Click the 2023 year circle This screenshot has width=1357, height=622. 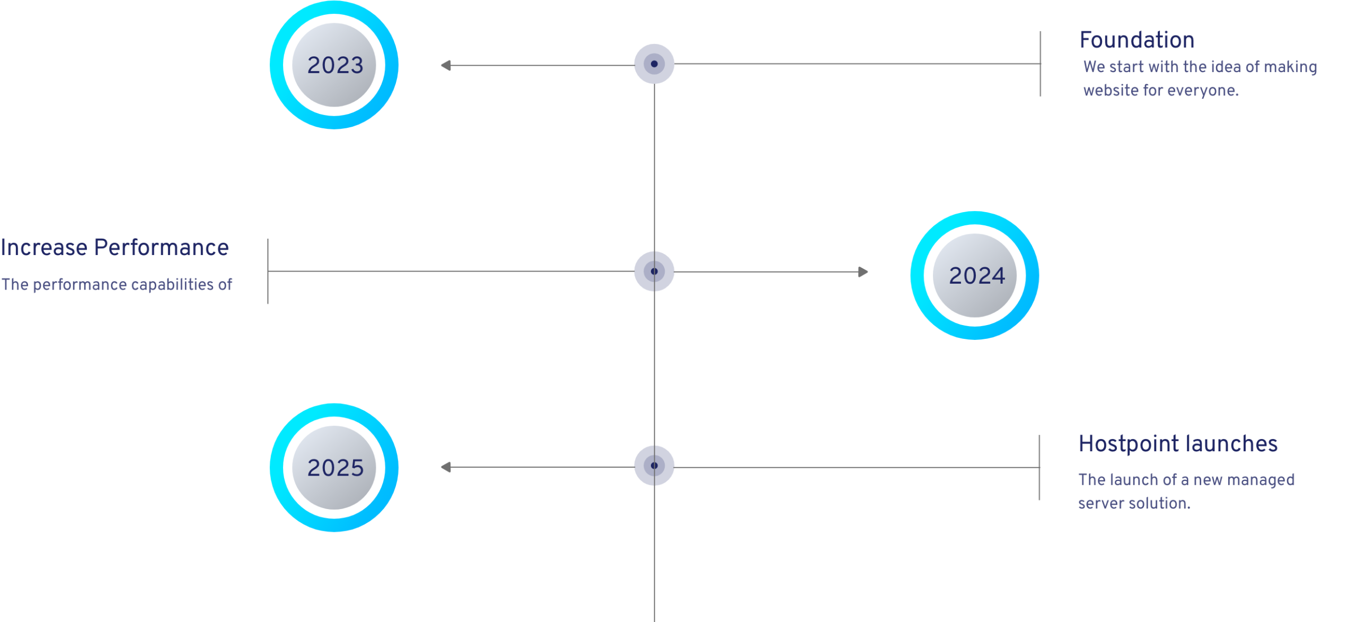click(x=334, y=65)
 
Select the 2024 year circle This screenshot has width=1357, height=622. click(x=975, y=275)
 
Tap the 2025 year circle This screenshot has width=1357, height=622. click(x=334, y=467)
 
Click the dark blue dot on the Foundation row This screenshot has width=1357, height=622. click(x=654, y=64)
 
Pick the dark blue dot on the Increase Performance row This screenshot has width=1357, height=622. click(x=654, y=271)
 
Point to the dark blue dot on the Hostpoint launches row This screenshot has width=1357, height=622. click(x=654, y=466)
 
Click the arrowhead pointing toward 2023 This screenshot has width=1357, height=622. click(x=446, y=65)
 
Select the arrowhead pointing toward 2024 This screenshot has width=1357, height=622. click(x=863, y=272)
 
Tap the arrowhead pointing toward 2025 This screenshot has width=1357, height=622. click(x=446, y=467)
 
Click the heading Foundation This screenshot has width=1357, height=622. click(x=1136, y=40)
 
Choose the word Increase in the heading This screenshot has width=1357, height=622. click(x=43, y=248)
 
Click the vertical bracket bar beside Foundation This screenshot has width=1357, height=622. click(x=1041, y=64)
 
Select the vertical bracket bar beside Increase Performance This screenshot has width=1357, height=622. click(x=268, y=271)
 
